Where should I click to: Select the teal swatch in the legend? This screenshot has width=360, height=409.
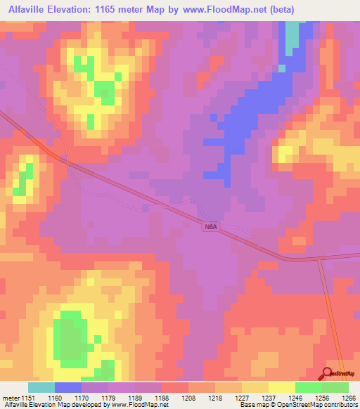point(41,387)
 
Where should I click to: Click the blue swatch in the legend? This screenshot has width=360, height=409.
point(68,387)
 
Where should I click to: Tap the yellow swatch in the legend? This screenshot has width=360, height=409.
point(281,387)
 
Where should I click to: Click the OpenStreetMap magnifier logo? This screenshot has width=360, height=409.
point(328,373)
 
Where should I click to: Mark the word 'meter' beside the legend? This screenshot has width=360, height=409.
point(11,397)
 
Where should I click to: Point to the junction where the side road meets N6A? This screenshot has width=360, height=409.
point(319,259)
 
